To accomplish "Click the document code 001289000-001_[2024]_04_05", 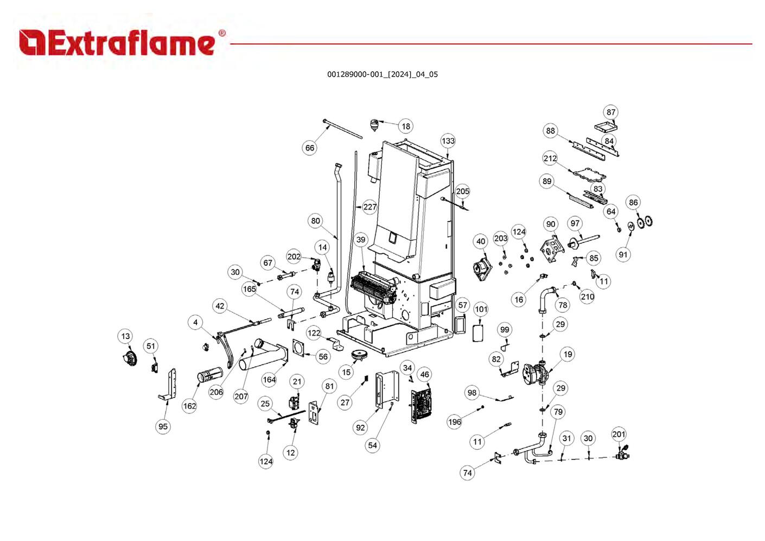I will (382, 74).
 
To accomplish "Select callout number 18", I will (406, 126).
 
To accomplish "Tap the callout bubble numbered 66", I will (309, 148).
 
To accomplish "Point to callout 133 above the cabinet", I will (448, 141).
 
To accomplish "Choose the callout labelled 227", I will (370, 207).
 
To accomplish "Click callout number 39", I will (361, 240).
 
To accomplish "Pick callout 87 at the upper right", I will (611, 112).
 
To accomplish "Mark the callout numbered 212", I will (550, 159).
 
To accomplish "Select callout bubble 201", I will (619, 434).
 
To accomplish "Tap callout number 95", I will (163, 426).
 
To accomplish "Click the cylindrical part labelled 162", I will (210, 374).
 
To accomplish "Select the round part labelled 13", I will (129, 357).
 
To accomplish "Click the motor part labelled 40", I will (481, 267).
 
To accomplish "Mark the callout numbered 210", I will (588, 297).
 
